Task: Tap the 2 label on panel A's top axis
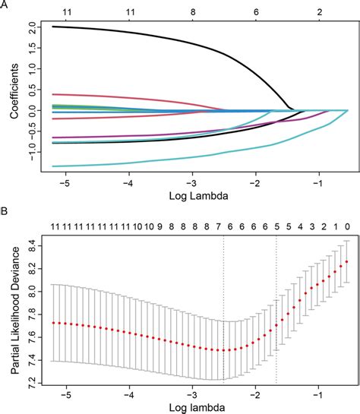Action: (321, 13)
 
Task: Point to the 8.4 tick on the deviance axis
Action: (30, 243)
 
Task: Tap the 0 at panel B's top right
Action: (347, 226)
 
